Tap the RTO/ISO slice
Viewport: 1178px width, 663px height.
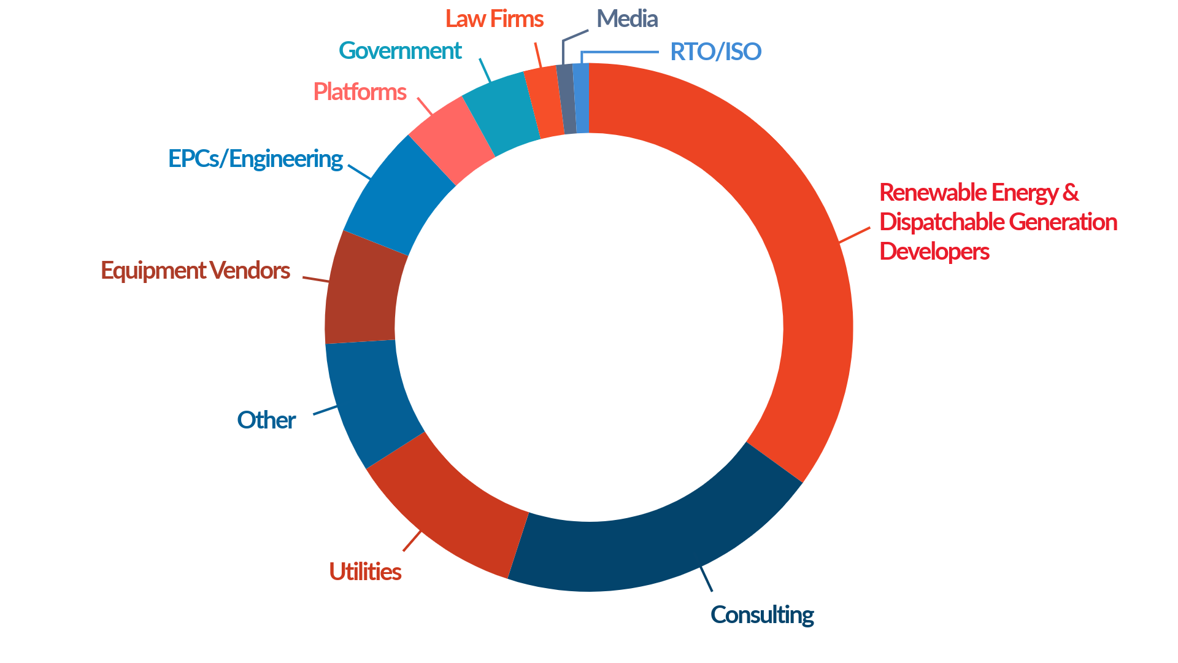coord(581,98)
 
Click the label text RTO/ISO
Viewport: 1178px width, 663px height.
coord(715,52)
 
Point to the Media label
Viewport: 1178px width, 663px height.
coord(627,19)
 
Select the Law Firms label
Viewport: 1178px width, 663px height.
coord(494,19)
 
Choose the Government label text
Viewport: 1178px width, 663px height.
coord(400,51)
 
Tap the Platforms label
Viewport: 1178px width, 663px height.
coord(360,92)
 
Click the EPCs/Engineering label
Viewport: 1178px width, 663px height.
coord(255,159)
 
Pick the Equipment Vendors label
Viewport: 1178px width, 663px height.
coord(195,271)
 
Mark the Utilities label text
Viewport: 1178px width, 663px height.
coord(365,572)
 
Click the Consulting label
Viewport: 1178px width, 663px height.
coord(762,615)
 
